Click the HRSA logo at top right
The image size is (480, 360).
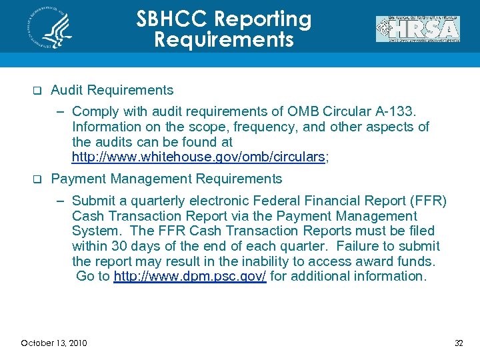click(417, 29)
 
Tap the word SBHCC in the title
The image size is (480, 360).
click(174, 19)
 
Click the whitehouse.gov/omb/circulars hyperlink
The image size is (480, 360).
click(198, 157)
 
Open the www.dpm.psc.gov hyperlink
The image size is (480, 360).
click(190, 276)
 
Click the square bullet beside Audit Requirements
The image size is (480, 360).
click(37, 91)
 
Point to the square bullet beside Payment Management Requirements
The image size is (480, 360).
click(37, 179)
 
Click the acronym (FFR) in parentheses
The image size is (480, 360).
click(429, 201)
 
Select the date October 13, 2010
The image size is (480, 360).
click(54, 343)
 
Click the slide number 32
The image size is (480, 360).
click(458, 343)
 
